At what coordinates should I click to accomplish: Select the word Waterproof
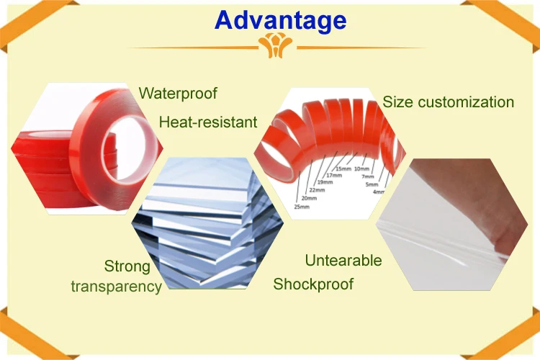pos(178,93)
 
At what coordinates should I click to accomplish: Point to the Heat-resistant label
pos(208,122)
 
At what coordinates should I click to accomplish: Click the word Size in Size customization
pos(397,102)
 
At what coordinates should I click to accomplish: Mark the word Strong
pos(127,266)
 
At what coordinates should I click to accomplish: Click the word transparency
pos(117,286)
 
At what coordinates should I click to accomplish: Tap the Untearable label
pos(343,260)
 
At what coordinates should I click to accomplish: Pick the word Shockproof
pos(313,284)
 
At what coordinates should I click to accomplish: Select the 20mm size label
pos(309,198)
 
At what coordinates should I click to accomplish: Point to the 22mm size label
pos(316,189)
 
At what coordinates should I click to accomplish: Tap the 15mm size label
pos(343,168)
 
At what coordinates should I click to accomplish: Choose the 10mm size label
pos(372,168)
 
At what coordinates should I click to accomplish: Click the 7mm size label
pos(368,176)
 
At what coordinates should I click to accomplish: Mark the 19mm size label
pos(325,181)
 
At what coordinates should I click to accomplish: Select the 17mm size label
pos(333,175)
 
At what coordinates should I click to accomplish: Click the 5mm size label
pos(372,184)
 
